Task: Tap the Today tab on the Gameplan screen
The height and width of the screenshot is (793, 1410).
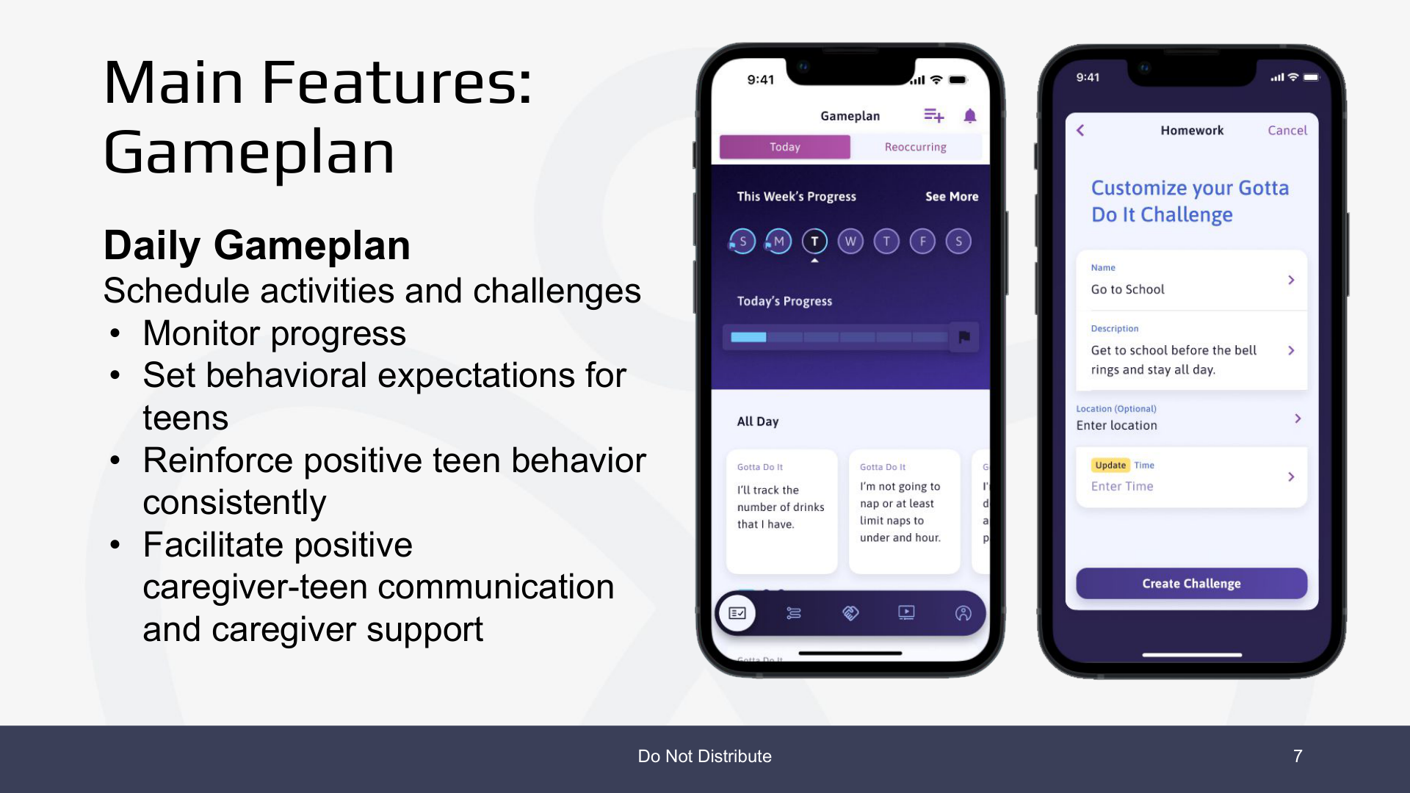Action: pos(784,147)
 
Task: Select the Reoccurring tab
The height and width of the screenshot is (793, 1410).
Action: pos(915,147)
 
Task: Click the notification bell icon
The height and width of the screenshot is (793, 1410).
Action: pos(970,116)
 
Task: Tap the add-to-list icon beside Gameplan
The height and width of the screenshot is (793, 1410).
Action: pos(933,115)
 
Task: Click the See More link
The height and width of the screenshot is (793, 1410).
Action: pos(952,197)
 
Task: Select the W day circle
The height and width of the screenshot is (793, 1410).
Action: pos(850,242)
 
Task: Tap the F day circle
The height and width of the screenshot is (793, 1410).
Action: pos(922,242)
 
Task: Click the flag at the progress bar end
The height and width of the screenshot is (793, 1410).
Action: pos(964,337)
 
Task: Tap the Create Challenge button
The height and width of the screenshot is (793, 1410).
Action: pos(1191,584)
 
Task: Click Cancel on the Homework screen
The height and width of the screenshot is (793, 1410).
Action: pos(1287,131)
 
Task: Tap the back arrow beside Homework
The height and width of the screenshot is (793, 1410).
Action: pos(1080,131)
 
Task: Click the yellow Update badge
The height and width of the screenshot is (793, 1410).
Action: pos(1110,466)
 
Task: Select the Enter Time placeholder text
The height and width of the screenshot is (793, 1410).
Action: pos(1122,486)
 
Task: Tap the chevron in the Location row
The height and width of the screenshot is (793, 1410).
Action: pos(1298,419)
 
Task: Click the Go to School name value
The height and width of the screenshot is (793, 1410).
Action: pos(1127,289)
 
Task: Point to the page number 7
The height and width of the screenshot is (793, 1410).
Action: pos(1298,756)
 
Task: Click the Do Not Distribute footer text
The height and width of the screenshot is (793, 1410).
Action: pos(704,756)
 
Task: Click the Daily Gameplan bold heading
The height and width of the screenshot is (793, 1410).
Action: pos(257,245)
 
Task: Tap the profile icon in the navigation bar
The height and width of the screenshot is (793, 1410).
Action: pos(963,613)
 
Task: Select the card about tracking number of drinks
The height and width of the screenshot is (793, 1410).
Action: pos(781,511)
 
